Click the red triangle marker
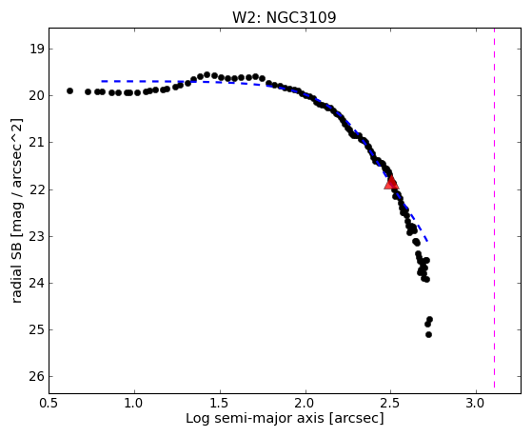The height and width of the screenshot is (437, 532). [x=391, y=183]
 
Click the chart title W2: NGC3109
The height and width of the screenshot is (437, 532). [x=285, y=18]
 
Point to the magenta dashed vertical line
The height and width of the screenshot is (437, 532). [x=494, y=208]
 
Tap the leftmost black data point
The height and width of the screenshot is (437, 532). [x=69, y=91]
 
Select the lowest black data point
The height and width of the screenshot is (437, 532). [x=428, y=334]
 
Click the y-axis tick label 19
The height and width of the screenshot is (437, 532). [x=37, y=50]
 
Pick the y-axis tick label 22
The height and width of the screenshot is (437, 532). [x=37, y=189]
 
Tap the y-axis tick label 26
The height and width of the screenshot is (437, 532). [x=37, y=377]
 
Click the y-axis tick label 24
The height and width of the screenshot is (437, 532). [x=37, y=283]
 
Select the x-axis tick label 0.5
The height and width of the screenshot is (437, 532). [x=49, y=404]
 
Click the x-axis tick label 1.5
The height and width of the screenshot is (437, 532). [x=220, y=404]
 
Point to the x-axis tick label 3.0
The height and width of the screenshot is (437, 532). [x=476, y=404]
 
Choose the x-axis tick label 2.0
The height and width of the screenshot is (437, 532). [x=305, y=404]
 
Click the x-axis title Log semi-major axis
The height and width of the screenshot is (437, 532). [x=254, y=418]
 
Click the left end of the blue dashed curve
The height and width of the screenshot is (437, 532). [x=102, y=82]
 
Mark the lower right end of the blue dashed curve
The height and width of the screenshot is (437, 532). [x=428, y=241]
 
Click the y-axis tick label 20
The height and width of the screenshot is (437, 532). [x=37, y=96]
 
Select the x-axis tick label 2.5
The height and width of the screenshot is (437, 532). [x=391, y=404]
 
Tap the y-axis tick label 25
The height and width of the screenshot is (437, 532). [x=37, y=329]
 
